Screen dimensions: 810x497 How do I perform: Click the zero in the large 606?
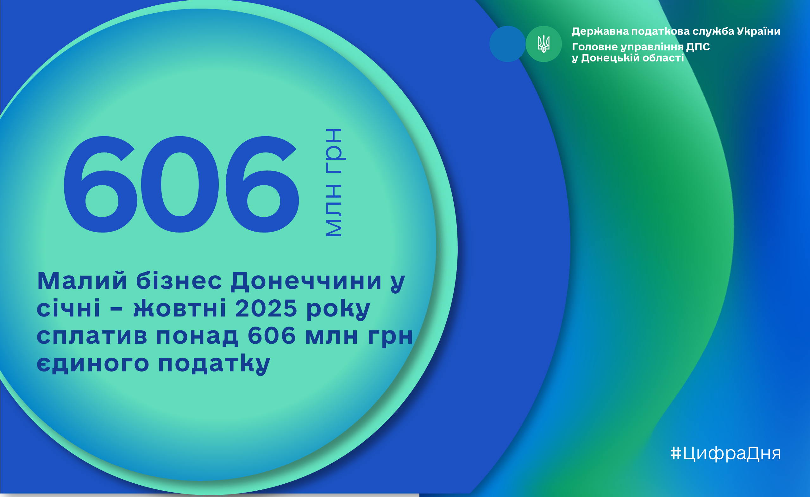tap(180, 184)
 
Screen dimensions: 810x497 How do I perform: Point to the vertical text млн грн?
tap(335, 182)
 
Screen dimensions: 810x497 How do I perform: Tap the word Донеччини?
tap(306, 282)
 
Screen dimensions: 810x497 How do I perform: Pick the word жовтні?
tap(180, 308)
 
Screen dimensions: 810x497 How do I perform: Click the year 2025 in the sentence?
tap(266, 308)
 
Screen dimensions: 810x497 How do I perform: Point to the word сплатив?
tap(92, 336)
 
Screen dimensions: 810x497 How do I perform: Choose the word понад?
tap(197, 336)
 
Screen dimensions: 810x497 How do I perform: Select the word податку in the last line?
tap(214, 364)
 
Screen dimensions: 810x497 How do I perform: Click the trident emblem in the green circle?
tap(544, 44)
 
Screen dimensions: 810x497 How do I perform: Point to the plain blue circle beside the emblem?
tap(507, 44)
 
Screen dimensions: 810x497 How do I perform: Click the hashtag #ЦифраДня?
tap(725, 453)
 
